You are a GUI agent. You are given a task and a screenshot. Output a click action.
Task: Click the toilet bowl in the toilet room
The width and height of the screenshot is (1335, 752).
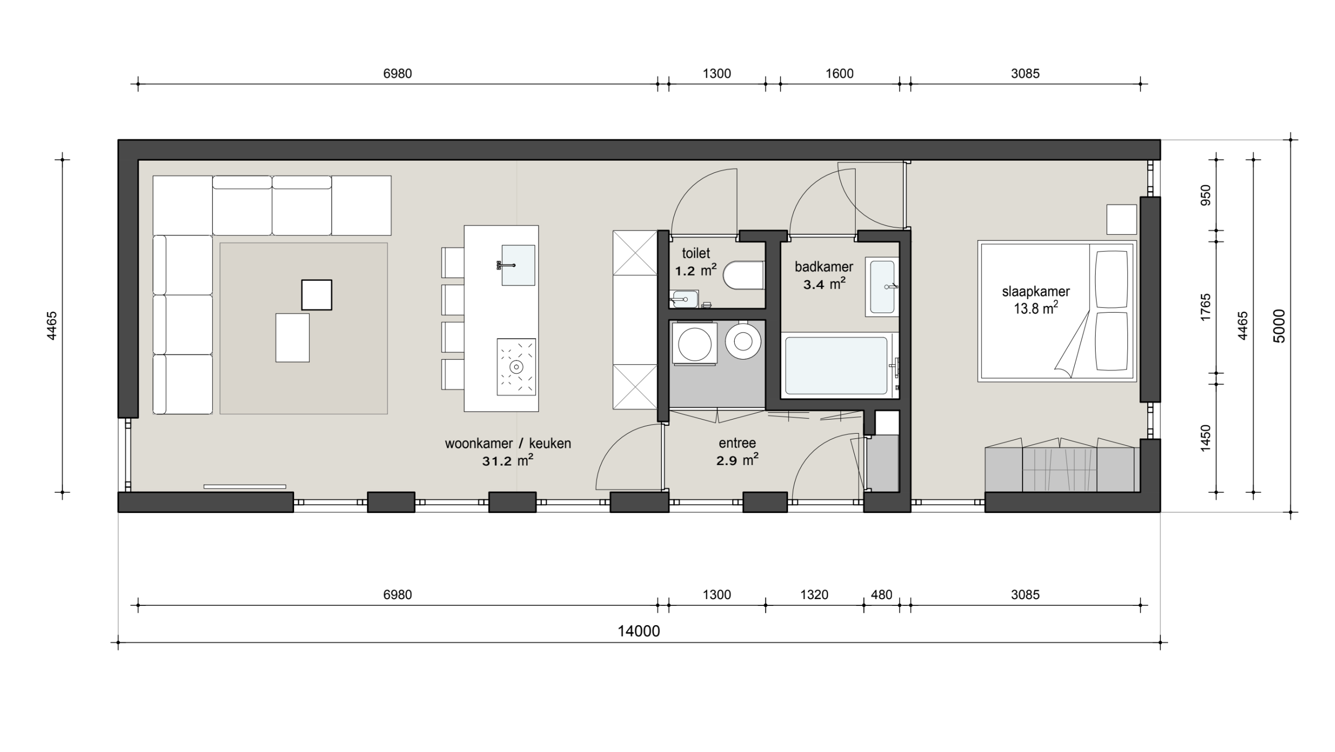tap(744, 275)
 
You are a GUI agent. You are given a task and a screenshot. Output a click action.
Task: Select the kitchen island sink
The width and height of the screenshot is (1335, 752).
tap(518, 265)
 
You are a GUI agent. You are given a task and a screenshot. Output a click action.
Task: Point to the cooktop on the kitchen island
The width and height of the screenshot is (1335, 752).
tap(516, 367)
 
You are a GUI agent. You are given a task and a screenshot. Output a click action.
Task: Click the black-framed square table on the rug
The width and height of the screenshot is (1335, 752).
tap(317, 295)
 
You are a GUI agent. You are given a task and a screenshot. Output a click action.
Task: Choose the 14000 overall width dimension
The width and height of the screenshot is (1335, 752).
tap(639, 631)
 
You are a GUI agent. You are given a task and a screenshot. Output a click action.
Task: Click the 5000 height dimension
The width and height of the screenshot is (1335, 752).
tap(1279, 326)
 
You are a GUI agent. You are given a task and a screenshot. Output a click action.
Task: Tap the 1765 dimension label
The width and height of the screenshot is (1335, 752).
tap(1205, 307)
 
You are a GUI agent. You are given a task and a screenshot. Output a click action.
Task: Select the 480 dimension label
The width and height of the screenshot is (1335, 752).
tap(881, 594)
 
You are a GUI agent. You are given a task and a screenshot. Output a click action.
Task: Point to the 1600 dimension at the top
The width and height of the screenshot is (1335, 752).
tap(840, 74)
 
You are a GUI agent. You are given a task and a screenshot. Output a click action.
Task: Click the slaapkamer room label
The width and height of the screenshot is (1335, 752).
tap(1036, 292)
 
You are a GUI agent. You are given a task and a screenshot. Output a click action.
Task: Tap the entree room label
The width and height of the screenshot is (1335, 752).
tap(737, 443)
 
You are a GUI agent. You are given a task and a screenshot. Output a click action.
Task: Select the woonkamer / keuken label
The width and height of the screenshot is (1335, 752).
tap(508, 444)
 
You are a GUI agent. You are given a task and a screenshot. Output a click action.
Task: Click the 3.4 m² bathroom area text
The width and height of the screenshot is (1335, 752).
tap(824, 284)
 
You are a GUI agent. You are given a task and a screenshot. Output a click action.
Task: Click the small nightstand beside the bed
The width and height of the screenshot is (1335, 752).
tap(1122, 220)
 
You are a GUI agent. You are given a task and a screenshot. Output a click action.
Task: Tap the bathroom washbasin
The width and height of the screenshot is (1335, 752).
tap(882, 287)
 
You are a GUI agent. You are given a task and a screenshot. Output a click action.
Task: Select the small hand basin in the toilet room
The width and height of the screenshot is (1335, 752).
tap(684, 299)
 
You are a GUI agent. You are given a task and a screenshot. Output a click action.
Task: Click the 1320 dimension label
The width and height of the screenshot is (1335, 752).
tap(814, 594)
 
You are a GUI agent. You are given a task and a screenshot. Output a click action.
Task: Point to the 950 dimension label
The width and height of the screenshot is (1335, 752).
tap(1205, 195)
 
